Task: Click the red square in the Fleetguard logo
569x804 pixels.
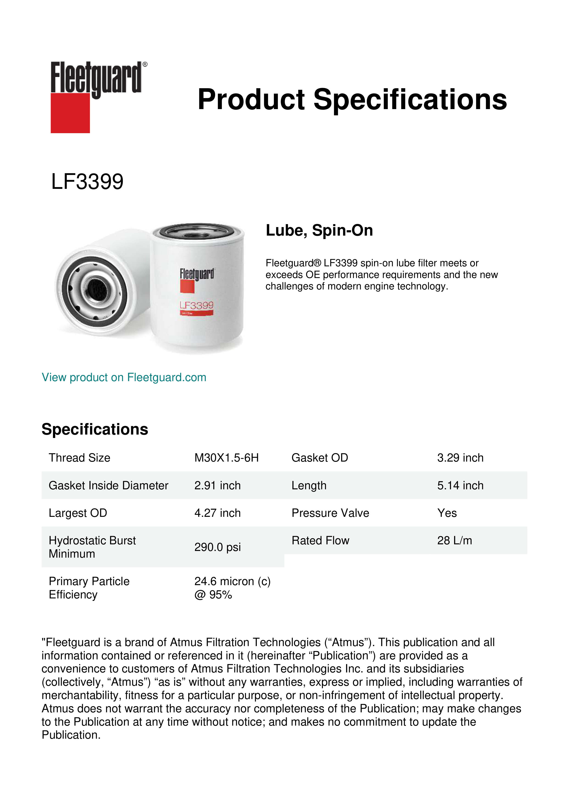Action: tap(70, 113)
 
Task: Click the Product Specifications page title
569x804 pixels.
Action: tap(352, 99)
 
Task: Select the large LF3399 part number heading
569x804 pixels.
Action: tap(87, 182)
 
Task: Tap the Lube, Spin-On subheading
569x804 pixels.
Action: tap(319, 230)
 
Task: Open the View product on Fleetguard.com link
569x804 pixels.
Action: tap(124, 377)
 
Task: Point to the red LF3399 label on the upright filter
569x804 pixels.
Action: tap(197, 306)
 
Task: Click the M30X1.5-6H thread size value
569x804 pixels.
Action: tap(226, 458)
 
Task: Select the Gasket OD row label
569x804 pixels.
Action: tap(319, 458)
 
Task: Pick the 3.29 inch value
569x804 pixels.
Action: tap(460, 458)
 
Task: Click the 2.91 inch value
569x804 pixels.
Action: tap(217, 485)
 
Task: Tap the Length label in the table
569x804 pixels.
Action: tap(309, 485)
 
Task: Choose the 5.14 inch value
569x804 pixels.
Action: tap(460, 485)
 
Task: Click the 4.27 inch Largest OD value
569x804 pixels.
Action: tap(217, 513)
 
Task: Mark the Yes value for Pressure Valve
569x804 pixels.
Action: tap(447, 513)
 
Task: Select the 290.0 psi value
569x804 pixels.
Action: tap(217, 547)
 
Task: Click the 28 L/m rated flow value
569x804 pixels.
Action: tap(454, 541)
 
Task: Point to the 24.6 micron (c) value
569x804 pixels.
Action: tap(232, 581)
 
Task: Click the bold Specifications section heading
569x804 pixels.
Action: tap(94, 429)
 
